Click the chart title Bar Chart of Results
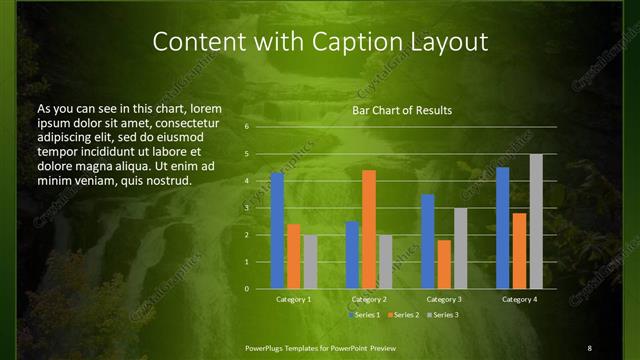click(401, 110)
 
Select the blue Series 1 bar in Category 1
click(277, 231)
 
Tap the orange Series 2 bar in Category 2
click(368, 229)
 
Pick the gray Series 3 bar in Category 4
click(536, 221)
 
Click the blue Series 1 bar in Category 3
click(428, 241)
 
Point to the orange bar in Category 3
click(444, 264)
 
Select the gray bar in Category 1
click(310, 262)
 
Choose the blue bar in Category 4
click(502, 228)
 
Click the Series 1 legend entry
click(364, 315)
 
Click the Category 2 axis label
click(369, 299)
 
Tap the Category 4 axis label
click(519, 299)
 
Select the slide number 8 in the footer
click(589, 347)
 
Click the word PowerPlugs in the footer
click(267, 347)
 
